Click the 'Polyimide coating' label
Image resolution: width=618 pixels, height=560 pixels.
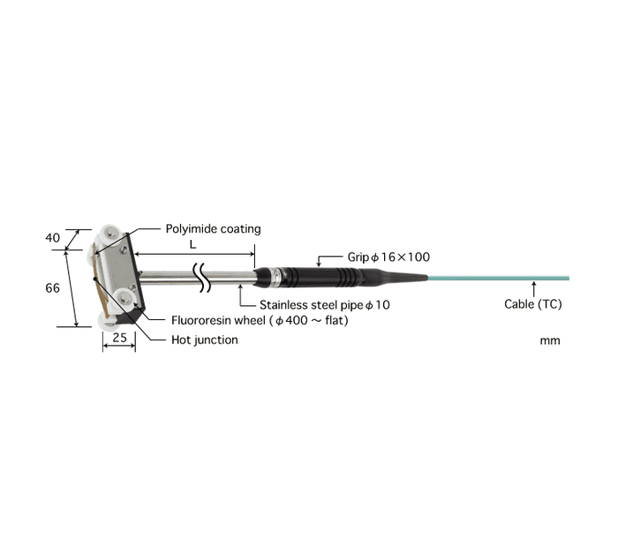point(213,229)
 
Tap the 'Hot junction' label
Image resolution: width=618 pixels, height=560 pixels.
point(204,340)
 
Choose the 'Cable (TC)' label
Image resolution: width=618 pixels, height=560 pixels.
point(533,304)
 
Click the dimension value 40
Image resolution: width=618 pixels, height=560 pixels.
point(53,237)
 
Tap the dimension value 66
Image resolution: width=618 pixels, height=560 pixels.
point(52,288)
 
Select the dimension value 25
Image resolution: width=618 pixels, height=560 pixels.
point(119,338)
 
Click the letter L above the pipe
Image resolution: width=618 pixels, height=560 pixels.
point(193,242)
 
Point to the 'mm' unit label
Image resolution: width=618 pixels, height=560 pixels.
point(549,340)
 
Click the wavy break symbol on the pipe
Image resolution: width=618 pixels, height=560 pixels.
point(204,277)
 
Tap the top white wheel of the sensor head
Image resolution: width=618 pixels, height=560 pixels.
point(110,234)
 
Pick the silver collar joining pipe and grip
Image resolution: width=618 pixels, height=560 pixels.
point(275,278)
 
